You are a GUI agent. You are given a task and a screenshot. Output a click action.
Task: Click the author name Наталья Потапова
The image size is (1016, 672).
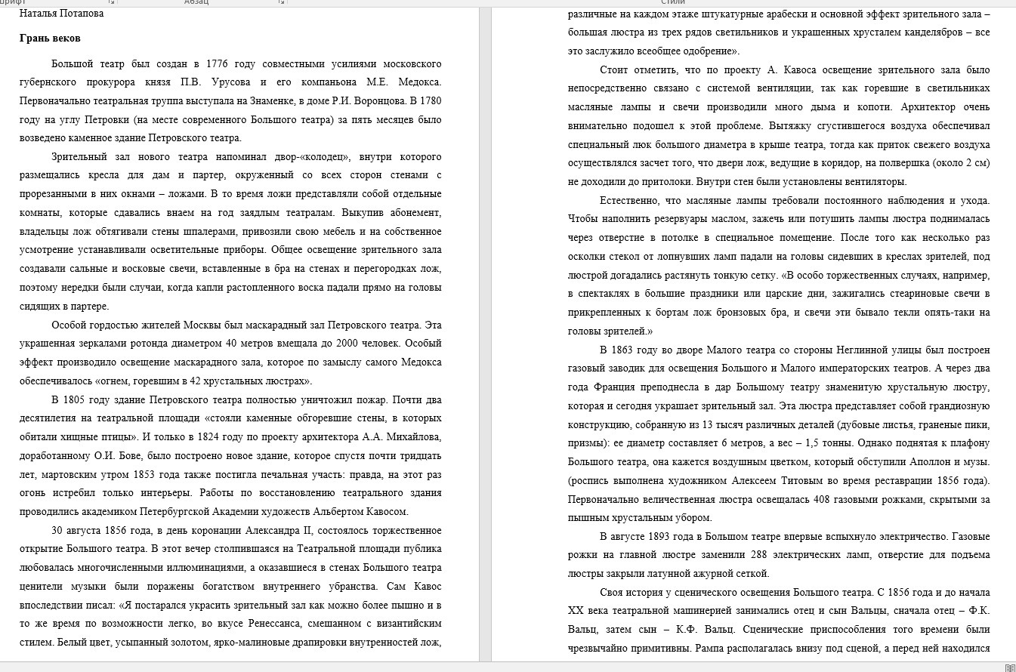61,13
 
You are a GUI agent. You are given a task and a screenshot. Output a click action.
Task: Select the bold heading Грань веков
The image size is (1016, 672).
50,38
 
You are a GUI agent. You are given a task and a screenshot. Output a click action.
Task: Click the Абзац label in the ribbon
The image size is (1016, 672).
196,2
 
